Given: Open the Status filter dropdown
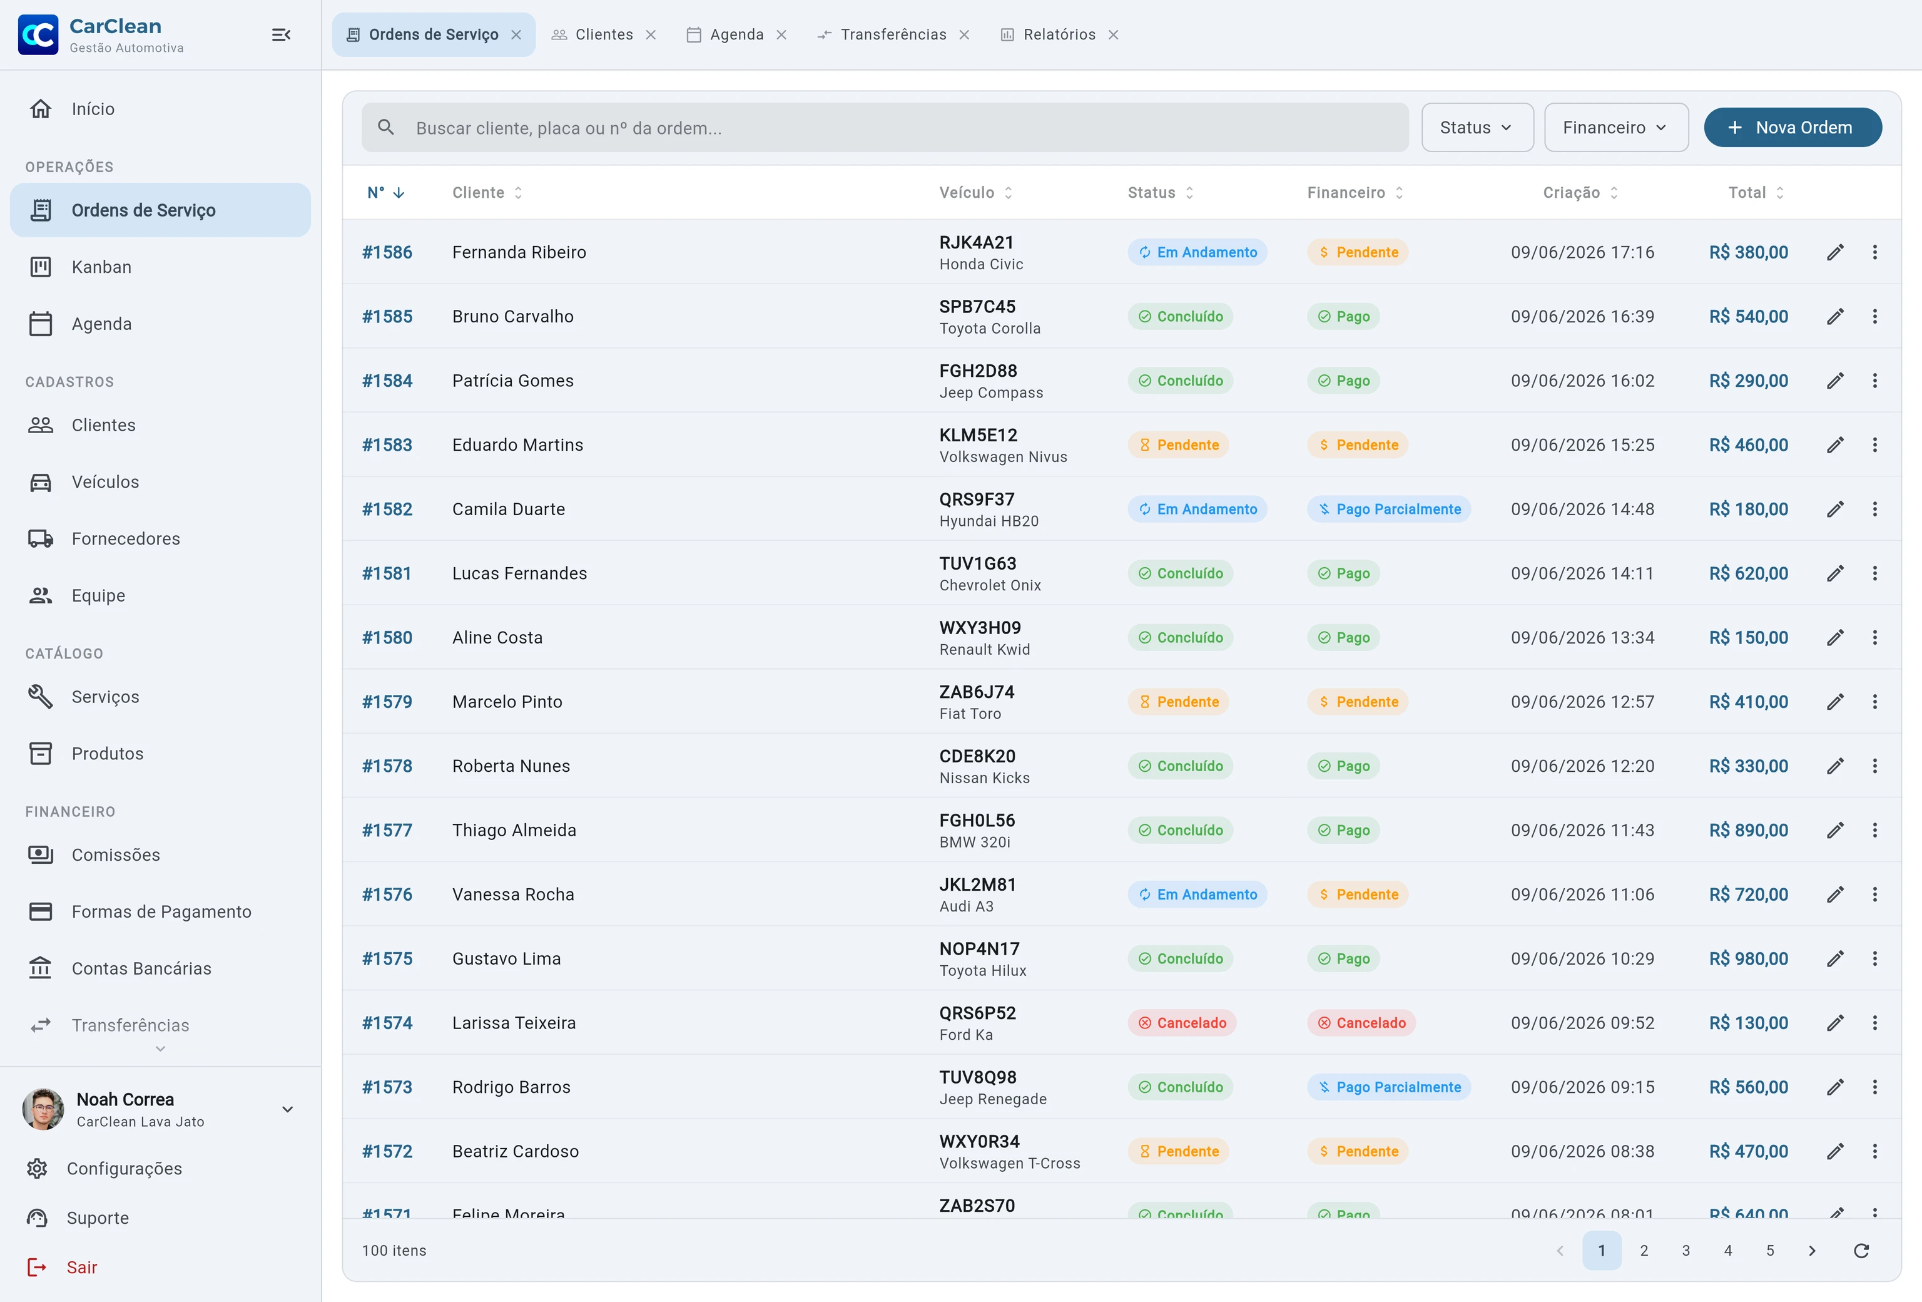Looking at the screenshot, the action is pyautogui.click(x=1477, y=128).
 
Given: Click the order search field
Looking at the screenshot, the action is pyautogui.click(x=885, y=128).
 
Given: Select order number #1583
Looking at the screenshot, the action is pyautogui.click(x=387, y=445).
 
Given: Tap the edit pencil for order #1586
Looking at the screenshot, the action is pyautogui.click(x=1835, y=252).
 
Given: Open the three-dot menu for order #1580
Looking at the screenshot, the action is pyautogui.click(x=1875, y=638).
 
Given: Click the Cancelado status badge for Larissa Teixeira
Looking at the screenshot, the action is pyautogui.click(x=1182, y=1023).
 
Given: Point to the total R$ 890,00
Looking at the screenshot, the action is pyautogui.click(x=1748, y=831).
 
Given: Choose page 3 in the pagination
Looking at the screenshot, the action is pyautogui.click(x=1686, y=1250).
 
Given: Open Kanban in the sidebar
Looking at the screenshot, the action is pyautogui.click(x=102, y=267).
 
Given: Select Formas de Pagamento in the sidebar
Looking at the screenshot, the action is pyautogui.click(x=161, y=911).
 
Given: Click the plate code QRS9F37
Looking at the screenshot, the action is pyautogui.click(x=977, y=500).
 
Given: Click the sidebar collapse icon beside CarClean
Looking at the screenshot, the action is pyautogui.click(x=281, y=35).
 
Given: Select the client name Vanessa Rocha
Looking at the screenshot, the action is pyautogui.click(x=513, y=894).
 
